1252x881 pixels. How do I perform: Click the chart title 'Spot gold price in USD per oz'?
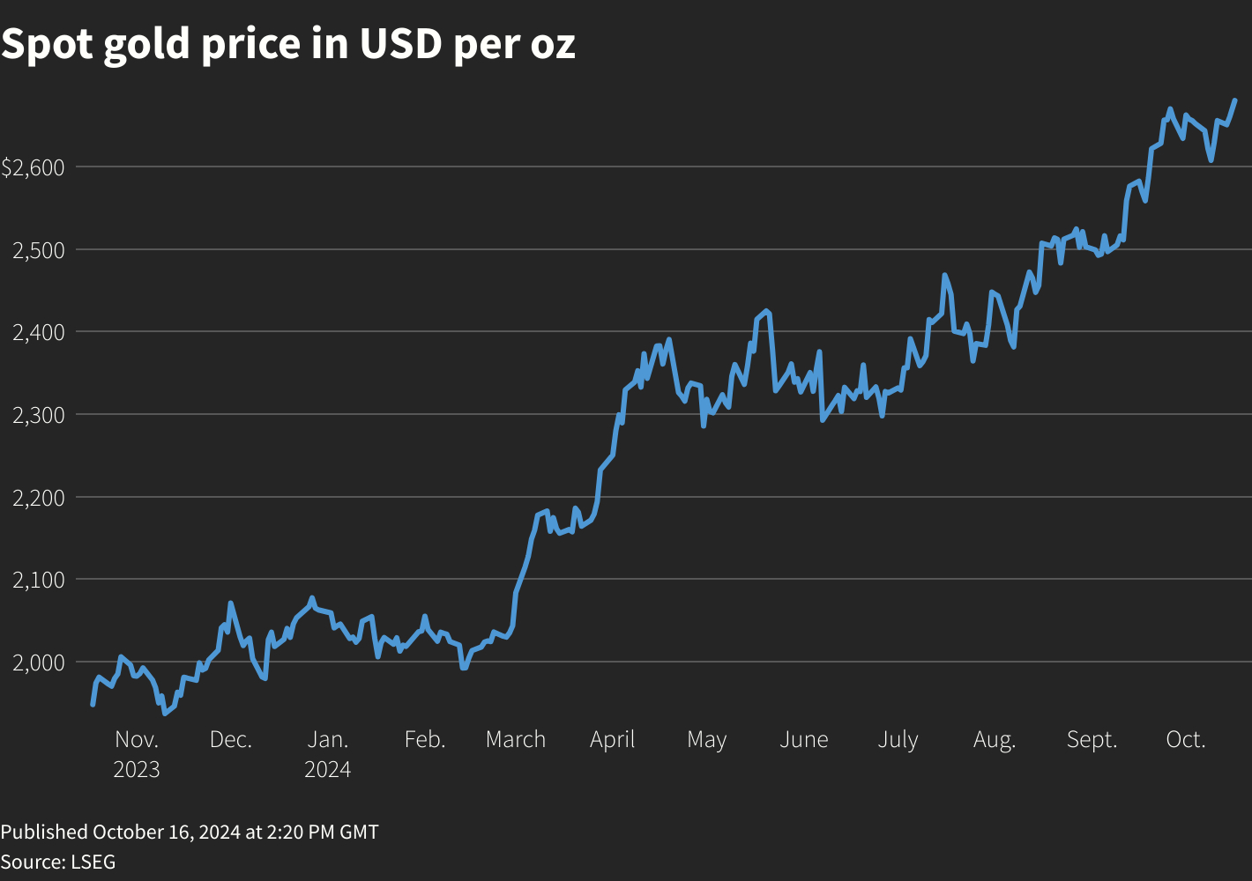point(288,44)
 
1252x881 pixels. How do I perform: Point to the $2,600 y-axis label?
point(33,167)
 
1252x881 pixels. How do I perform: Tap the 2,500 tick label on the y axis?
point(38,250)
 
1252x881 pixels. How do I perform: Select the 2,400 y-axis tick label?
point(38,332)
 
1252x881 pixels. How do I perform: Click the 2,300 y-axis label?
point(38,415)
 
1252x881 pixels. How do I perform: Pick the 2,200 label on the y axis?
point(38,498)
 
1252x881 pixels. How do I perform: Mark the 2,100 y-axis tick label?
point(38,580)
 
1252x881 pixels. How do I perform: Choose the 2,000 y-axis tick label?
point(38,663)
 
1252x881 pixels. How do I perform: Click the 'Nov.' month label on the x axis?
point(137,740)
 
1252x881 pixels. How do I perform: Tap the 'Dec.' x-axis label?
point(231,740)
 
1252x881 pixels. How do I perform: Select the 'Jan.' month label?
point(328,740)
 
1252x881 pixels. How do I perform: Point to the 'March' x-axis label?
point(516,740)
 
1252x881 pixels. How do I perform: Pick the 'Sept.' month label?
point(1092,740)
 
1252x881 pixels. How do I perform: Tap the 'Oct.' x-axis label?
point(1185,740)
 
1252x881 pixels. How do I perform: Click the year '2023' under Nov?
point(137,770)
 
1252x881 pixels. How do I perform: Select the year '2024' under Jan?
point(328,770)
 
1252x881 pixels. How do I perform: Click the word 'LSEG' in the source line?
point(93,862)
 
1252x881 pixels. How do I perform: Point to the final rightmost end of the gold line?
point(1234,100)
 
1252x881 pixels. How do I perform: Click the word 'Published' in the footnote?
point(44,833)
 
